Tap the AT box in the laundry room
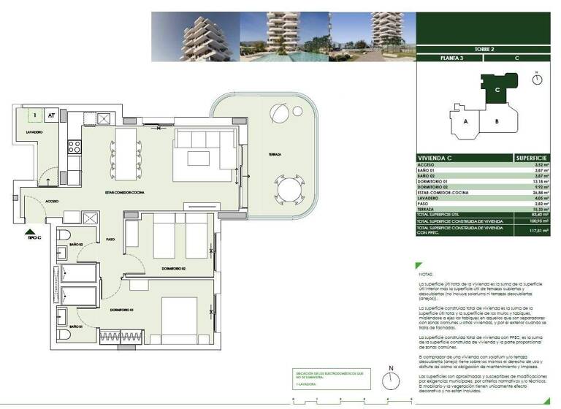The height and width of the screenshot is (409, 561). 51,115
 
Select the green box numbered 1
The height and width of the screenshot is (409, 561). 34,115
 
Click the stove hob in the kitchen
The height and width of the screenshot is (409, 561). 74,148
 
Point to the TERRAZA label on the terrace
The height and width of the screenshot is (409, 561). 274,155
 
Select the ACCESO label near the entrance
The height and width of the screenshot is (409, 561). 52,200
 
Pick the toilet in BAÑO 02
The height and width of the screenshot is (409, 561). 64,236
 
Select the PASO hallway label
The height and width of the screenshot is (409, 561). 111,239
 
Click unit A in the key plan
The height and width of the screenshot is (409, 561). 465,122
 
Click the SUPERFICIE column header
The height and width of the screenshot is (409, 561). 532,158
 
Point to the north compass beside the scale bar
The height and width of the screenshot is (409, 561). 392,379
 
